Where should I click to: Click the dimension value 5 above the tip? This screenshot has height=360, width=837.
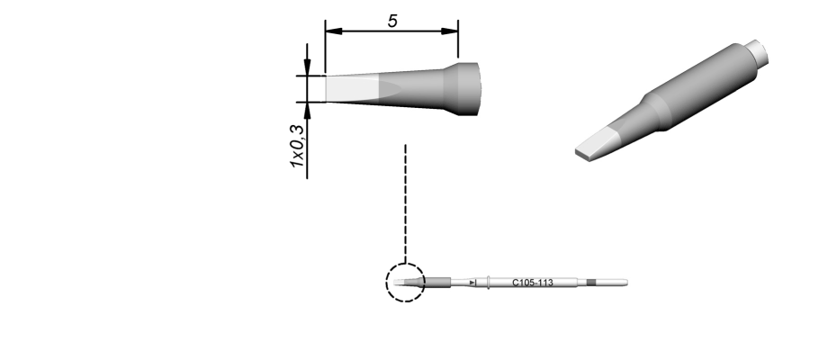click(392, 21)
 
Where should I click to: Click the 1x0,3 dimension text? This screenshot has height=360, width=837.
click(297, 145)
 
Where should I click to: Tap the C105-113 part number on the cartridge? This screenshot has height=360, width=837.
click(532, 283)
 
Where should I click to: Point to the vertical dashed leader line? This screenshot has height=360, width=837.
click(405, 203)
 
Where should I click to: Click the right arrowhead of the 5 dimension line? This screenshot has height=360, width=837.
click(449, 31)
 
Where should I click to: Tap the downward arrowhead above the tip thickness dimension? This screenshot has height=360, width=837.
click(307, 67)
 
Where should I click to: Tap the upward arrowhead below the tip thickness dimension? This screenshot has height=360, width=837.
click(307, 111)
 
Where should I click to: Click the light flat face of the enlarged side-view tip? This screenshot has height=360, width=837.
click(352, 89)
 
